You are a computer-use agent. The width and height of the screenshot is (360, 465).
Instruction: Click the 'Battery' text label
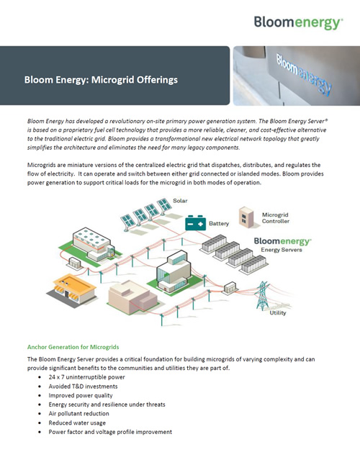click(x=219, y=224)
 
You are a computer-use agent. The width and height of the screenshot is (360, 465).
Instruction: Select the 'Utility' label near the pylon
click(x=278, y=313)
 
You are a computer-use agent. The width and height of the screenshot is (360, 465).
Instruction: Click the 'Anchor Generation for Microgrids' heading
click(x=73, y=347)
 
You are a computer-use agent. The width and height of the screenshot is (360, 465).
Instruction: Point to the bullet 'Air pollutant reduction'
click(x=79, y=414)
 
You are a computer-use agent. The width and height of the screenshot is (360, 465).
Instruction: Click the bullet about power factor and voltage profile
click(x=110, y=433)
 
